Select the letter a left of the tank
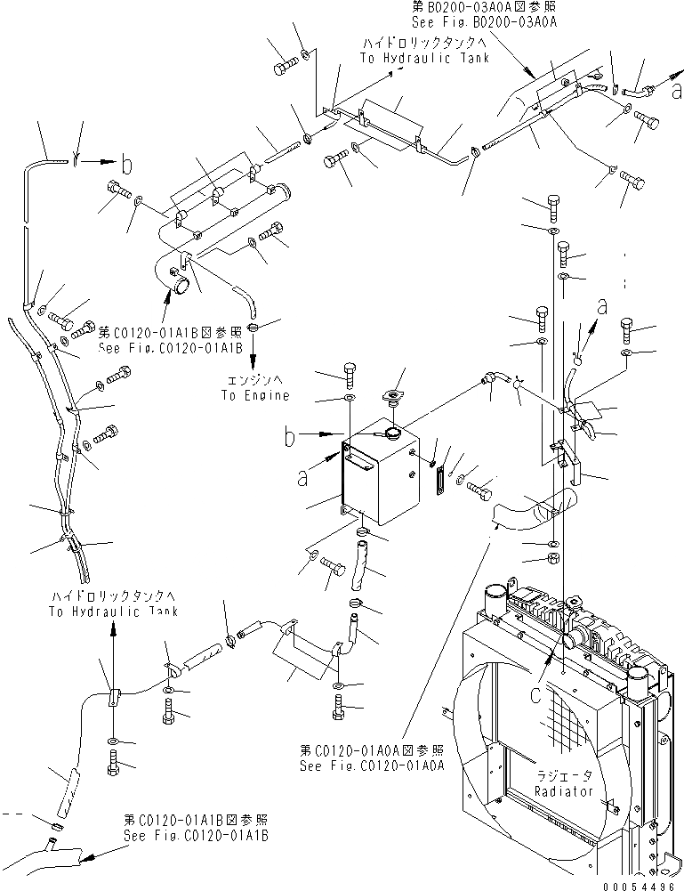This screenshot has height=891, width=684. (x=304, y=478)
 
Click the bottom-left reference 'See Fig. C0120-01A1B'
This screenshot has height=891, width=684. (x=197, y=837)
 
